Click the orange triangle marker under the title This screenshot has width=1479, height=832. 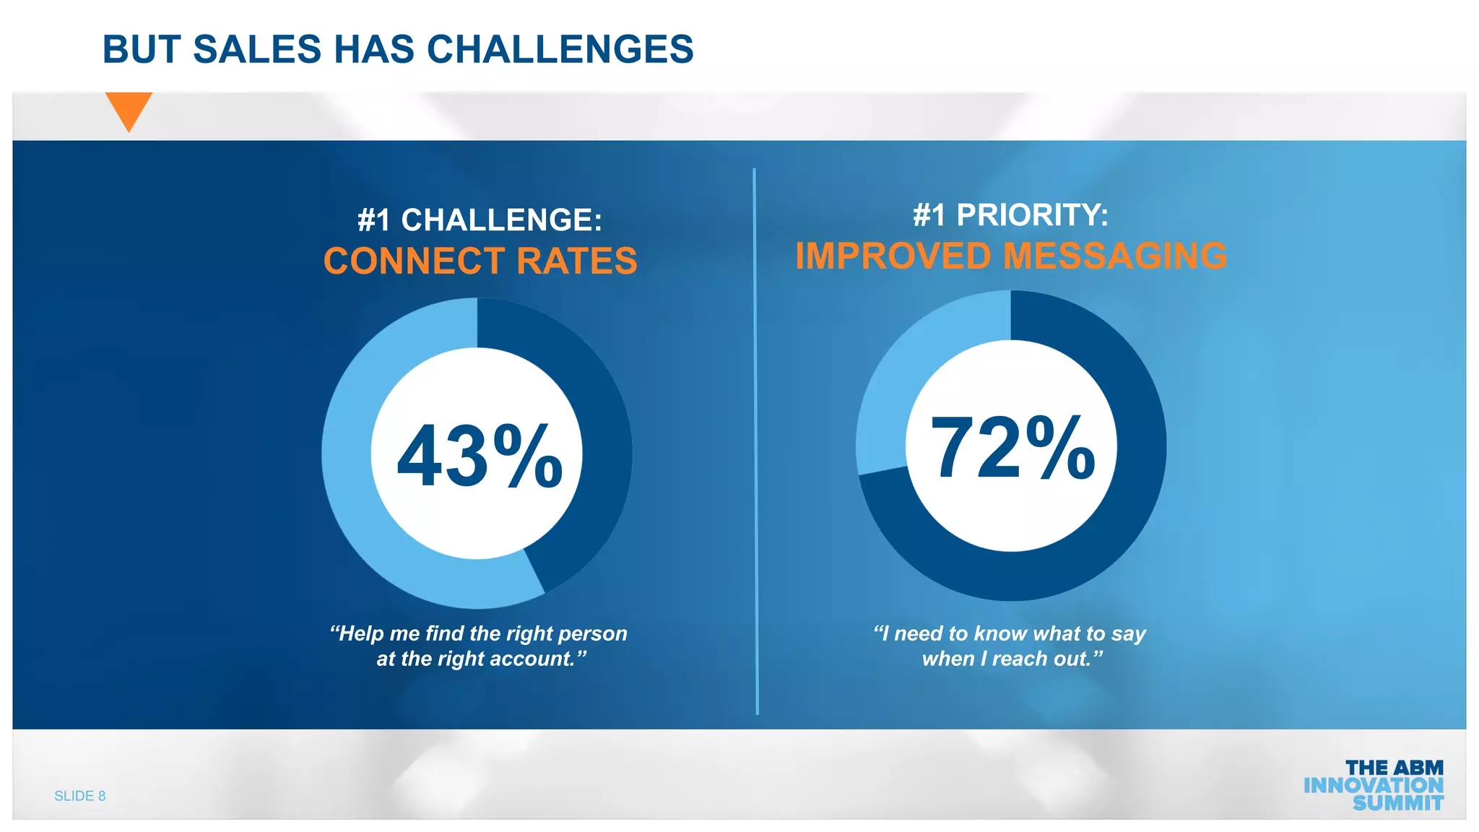(x=129, y=109)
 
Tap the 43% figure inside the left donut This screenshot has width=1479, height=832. (x=480, y=456)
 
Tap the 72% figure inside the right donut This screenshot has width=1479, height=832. (x=1012, y=448)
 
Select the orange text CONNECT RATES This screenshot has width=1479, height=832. (x=480, y=261)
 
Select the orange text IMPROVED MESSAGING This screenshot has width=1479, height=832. (x=1011, y=256)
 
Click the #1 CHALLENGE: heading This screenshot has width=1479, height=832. (x=480, y=220)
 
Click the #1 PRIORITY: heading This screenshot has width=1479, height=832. (x=1010, y=214)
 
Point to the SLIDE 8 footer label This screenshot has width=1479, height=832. (x=79, y=796)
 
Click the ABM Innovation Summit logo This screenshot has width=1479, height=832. (x=1374, y=785)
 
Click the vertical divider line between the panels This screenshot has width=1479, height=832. (x=755, y=441)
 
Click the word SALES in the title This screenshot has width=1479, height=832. (x=256, y=49)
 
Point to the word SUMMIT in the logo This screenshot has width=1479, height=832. (x=1397, y=803)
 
